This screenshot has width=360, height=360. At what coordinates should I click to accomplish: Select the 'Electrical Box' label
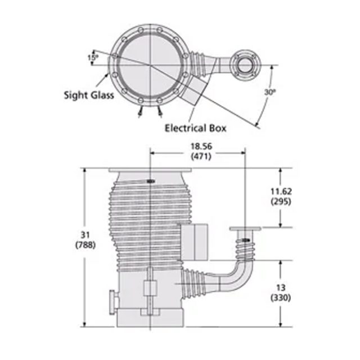pyautogui.click(x=195, y=128)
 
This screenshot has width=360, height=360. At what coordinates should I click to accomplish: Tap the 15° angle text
pyautogui.click(x=92, y=57)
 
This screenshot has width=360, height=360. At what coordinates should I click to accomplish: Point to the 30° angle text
pyautogui.click(x=270, y=92)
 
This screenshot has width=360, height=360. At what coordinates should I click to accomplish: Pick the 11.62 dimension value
pyautogui.click(x=280, y=191)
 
